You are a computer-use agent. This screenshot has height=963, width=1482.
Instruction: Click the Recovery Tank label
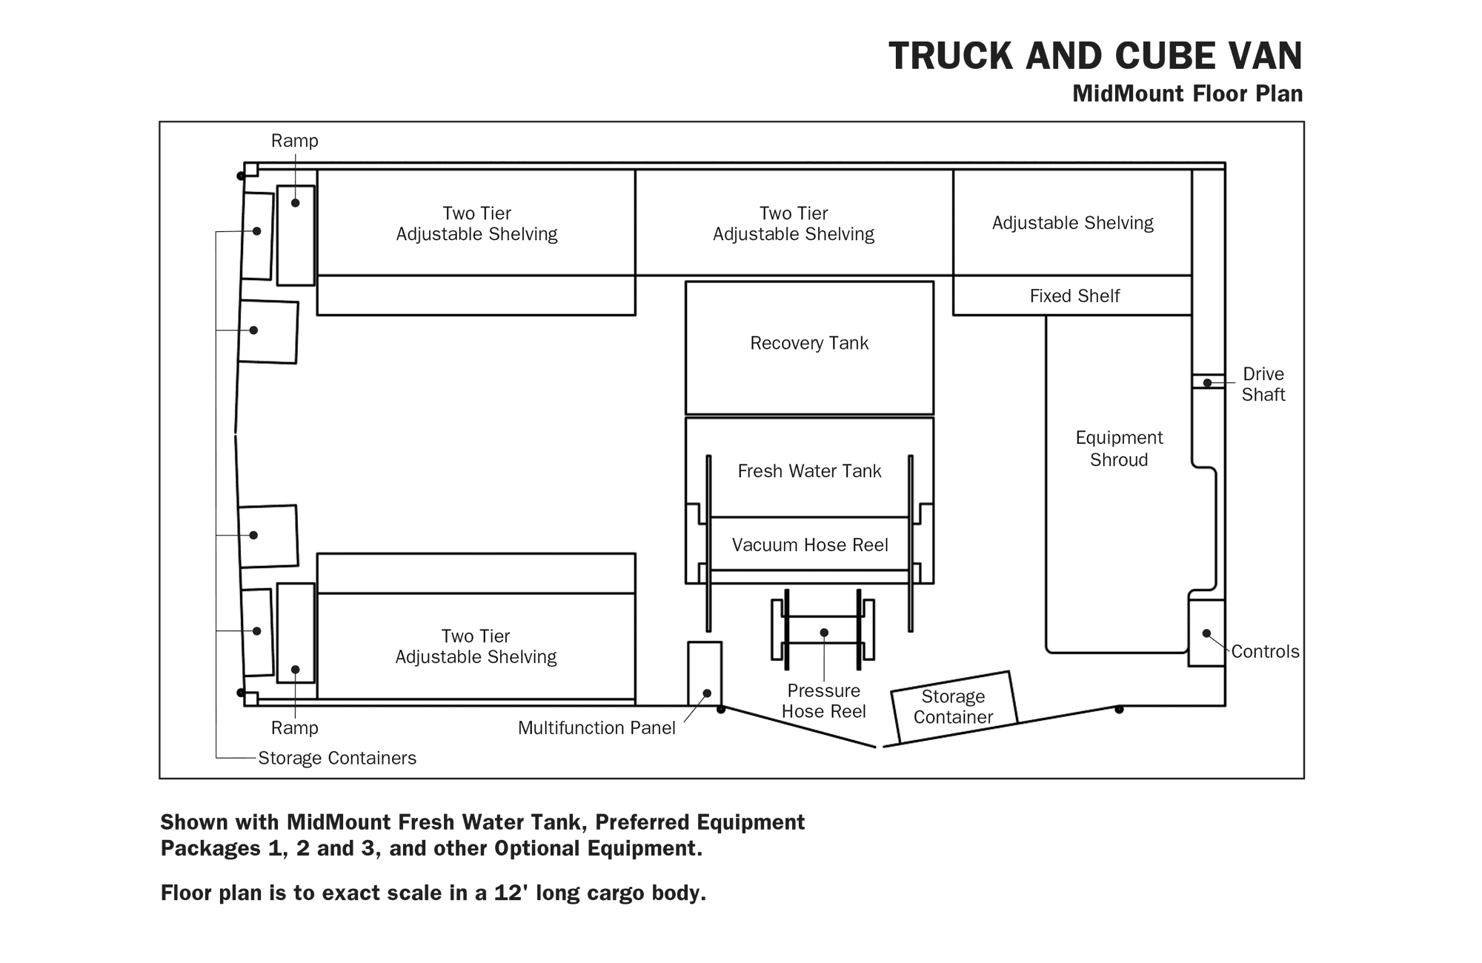(x=809, y=343)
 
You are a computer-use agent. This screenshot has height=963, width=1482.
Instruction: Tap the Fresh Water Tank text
(x=809, y=471)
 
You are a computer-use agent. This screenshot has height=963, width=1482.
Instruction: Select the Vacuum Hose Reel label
(x=810, y=545)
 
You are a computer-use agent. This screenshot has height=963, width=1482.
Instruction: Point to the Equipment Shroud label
(x=1119, y=449)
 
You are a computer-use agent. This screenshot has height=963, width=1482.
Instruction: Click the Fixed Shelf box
(x=1072, y=296)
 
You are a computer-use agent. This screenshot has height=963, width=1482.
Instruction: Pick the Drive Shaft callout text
(x=1263, y=384)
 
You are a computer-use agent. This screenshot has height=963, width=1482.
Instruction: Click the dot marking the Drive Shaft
(x=1207, y=383)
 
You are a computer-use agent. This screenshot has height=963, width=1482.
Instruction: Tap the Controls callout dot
(x=1206, y=633)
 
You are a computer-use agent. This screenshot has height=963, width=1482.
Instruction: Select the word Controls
(x=1265, y=652)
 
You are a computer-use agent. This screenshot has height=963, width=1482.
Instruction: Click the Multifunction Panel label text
(x=597, y=728)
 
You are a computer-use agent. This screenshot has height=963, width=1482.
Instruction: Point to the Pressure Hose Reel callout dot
(x=824, y=633)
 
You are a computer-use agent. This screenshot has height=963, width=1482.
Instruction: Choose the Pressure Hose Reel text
(x=824, y=701)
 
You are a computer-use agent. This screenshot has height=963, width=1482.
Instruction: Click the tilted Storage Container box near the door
(x=954, y=707)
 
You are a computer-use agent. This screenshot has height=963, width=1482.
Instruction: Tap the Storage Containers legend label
(x=337, y=759)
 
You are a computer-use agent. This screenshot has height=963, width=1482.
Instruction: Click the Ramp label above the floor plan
(x=294, y=141)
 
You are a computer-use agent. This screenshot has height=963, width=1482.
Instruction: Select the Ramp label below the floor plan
(x=294, y=728)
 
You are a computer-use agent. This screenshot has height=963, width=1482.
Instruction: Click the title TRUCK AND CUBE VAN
(x=1095, y=56)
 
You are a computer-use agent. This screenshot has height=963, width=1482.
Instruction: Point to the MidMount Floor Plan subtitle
(x=1187, y=94)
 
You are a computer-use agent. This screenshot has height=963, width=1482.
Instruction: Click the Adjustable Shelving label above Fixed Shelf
(x=1072, y=223)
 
